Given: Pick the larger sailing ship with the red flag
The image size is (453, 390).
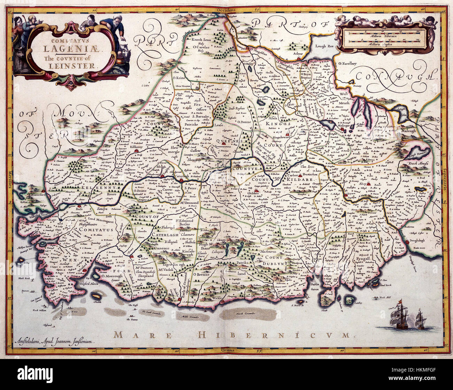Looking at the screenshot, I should (x=399, y=316).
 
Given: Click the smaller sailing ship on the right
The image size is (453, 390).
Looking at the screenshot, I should (x=421, y=320).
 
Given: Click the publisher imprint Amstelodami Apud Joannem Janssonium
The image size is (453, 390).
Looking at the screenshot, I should (x=55, y=342).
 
